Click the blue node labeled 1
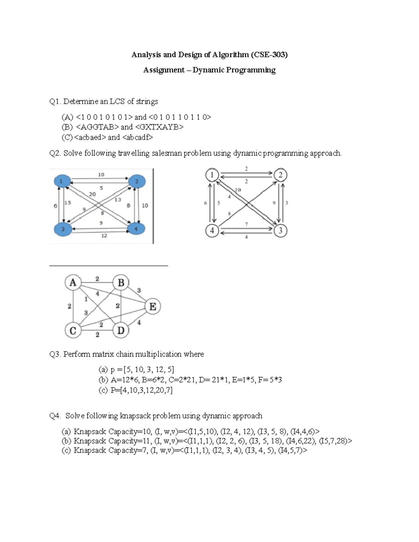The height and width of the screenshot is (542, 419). tap(61, 181)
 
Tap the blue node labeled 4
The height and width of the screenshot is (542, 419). tap(136, 229)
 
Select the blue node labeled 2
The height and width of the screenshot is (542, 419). tap(137, 181)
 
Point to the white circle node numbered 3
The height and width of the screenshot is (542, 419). tap(280, 230)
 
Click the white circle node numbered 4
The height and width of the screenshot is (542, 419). tap(212, 230)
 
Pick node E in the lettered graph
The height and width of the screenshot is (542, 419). tap(153, 306)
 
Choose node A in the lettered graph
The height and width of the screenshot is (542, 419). tap(73, 282)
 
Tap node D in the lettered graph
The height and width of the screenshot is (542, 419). tap(121, 330)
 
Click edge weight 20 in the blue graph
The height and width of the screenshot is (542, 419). tap(92, 194)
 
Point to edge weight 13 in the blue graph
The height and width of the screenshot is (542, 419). tap(118, 200)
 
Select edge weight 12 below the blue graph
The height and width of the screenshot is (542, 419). tap(104, 236)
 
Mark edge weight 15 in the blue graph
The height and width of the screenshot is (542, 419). tap(68, 202)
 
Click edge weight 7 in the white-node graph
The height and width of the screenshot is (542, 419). tap(247, 224)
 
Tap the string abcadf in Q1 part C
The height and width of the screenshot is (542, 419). tap(138, 137)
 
